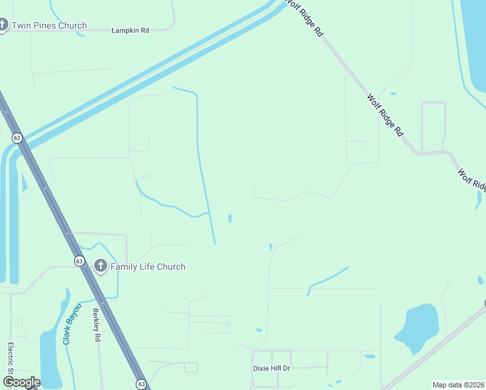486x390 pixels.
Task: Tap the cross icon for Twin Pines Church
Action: (x=3, y=26)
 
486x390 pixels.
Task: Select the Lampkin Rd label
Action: (x=131, y=31)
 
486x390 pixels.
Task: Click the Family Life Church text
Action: (x=148, y=266)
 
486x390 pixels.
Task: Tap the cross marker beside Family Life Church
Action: (x=101, y=266)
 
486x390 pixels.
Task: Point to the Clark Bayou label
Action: (x=71, y=323)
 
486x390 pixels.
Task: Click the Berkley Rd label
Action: (x=97, y=324)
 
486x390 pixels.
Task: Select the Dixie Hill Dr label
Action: (x=271, y=368)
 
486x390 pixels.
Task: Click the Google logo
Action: (x=21, y=382)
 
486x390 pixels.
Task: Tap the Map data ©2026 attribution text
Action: (x=459, y=385)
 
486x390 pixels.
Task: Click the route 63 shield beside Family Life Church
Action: (x=79, y=261)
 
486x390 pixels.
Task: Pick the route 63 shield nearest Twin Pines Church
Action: (x=17, y=138)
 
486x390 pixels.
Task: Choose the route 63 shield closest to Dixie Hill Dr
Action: (x=141, y=383)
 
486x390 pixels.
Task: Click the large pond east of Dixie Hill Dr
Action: (x=417, y=326)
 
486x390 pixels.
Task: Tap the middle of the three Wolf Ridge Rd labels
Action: (x=385, y=115)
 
